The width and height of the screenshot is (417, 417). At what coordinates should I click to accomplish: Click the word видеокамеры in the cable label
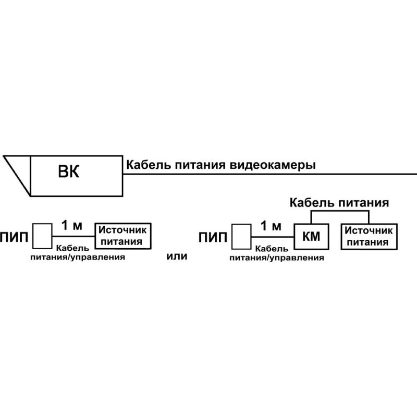(x=272, y=165)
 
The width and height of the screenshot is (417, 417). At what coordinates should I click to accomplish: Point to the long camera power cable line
(x=269, y=174)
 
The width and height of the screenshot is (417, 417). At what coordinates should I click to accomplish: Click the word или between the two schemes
(x=177, y=256)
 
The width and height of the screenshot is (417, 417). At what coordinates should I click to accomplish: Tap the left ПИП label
(x=14, y=237)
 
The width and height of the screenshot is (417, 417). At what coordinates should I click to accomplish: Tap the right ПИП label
(x=213, y=237)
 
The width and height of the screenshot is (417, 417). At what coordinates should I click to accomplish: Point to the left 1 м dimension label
(x=72, y=226)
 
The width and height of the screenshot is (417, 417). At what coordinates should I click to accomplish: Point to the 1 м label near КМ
(x=271, y=226)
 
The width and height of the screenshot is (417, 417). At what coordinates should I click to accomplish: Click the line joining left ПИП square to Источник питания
(x=73, y=236)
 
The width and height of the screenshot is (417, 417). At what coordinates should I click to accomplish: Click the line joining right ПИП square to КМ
(x=273, y=237)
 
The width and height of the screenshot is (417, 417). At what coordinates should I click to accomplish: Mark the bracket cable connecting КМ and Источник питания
(x=340, y=211)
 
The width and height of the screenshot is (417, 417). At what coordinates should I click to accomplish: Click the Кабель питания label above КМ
(x=339, y=203)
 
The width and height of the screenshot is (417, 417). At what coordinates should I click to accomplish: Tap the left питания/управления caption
(x=78, y=257)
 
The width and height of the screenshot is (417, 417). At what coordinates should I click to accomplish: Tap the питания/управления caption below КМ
(x=277, y=258)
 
